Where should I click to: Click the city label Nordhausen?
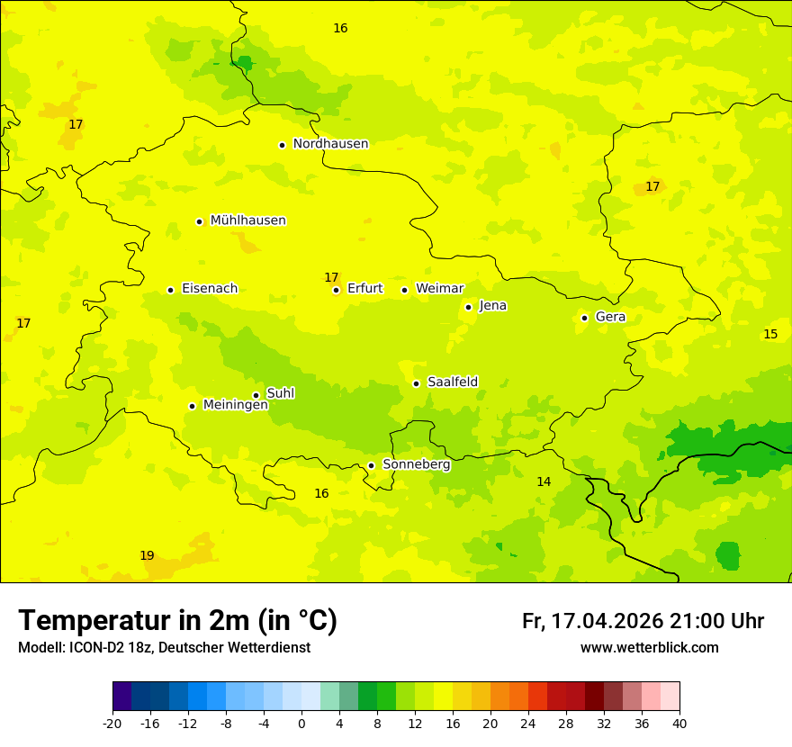click(330, 144)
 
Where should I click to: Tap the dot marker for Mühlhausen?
click(199, 221)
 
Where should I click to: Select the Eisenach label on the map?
click(210, 289)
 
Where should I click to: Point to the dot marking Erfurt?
click(336, 290)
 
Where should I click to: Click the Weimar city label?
click(439, 289)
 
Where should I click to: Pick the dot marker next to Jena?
click(468, 307)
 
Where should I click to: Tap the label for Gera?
click(610, 317)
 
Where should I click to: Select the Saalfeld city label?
click(453, 382)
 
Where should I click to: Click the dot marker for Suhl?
click(256, 395)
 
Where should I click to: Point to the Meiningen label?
click(236, 405)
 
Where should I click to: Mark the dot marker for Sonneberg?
click(371, 465)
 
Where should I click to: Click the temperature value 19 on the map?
click(147, 555)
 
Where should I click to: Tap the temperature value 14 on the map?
click(544, 481)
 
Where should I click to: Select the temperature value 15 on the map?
click(770, 334)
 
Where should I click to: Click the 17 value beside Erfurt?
click(331, 277)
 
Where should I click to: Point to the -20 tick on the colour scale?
click(112, 724)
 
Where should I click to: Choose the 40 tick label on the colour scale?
click(679, 724)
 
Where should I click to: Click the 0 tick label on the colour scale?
click(301, 724)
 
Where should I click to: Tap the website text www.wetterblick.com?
click(649, 648)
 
